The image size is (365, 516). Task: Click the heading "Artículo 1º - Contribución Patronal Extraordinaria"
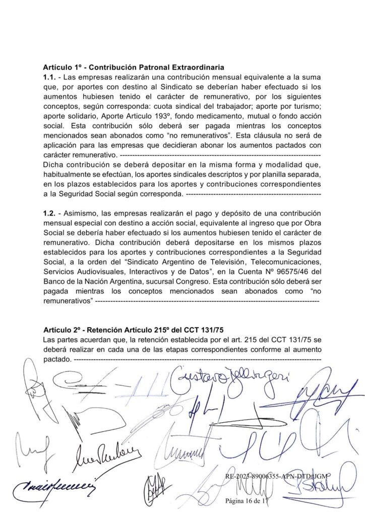click(134, 68)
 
